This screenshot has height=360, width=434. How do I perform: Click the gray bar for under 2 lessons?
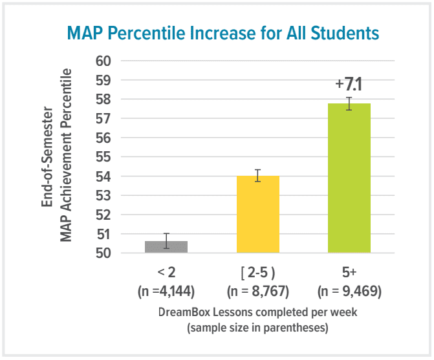click(x=166, y=247)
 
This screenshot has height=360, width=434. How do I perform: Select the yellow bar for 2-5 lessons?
click(x=258, y=215)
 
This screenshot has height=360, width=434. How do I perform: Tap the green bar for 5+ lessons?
click(x=349, y=178)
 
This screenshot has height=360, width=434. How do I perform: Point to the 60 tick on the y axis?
click(x=103, y=61)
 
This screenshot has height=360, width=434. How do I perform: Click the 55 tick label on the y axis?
click(x=103, y=157)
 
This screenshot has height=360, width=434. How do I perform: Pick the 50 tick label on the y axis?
click(x=103, y=253)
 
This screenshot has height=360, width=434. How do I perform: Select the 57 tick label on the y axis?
click(x=103, y=119)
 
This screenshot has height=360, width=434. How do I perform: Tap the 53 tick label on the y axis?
click(x=103, y=195)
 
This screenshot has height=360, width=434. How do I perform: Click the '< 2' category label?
click(x=166, y=273)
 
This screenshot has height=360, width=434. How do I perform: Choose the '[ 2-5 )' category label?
click(x=258, y=273)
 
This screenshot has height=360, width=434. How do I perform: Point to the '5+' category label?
click(x=349, y=273)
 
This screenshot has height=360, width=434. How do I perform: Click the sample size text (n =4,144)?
click(x=166, y=291)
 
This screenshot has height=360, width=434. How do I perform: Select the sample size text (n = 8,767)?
click(x=258, y=291)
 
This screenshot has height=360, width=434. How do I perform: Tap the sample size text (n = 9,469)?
click(x=349, y=291)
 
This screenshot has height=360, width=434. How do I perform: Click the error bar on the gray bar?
click(x=166, y=240)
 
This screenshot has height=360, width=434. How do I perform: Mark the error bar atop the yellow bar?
click(x=258, y=175)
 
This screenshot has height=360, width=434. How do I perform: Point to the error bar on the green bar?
click(x=349, y=103)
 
